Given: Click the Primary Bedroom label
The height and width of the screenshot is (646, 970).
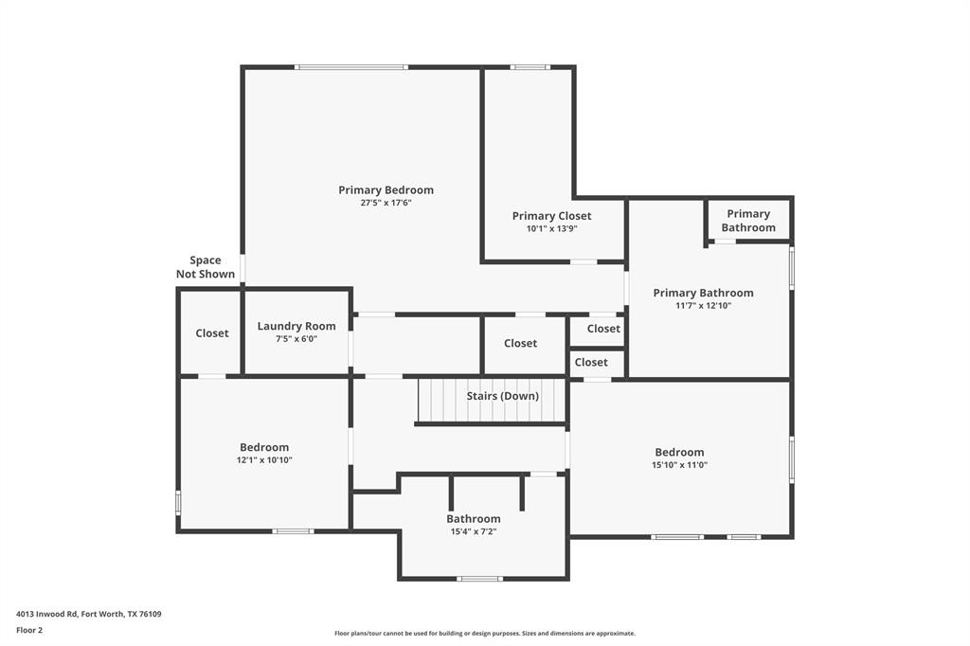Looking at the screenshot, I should click(x=386, y=190).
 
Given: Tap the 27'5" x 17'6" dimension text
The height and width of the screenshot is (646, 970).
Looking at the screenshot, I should click(x=386, y=203).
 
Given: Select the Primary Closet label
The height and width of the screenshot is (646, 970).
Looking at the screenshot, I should click(x=551, y=216).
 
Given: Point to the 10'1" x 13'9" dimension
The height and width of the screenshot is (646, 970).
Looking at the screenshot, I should click(x=551, y=228).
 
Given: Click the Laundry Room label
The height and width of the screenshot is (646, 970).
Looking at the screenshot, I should click(x=296, y=327).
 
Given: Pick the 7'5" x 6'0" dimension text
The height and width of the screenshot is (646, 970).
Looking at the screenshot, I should click(x=296, y=338).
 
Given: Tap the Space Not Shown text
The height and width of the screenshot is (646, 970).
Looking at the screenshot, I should click(x=206, y=267).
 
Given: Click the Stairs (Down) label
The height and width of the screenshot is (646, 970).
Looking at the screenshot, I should click(x=502, y=396).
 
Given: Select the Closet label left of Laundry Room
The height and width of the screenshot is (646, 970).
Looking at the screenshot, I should click(x=212, y=333).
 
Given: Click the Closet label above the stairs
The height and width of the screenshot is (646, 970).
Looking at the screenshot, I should click(x=520, y=344).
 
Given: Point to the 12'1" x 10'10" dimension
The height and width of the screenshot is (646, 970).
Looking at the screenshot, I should click(x=264, y=460).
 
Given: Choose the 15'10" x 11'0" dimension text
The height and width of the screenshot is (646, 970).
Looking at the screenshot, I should click(x=679, y=465).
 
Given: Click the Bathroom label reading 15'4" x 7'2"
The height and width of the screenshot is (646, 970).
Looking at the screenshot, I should click(x=474, y=519).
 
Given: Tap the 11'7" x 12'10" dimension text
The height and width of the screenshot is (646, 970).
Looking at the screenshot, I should click(x=703, y=306).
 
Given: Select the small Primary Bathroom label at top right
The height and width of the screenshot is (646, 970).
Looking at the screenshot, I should click(x=748, y=221).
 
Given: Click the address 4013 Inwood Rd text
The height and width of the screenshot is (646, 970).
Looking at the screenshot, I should click(x=89, y=614).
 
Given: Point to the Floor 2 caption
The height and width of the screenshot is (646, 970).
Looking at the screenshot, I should click(x=29, y=630).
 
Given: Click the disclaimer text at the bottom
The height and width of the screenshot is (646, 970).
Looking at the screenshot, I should click(x=484, y=634).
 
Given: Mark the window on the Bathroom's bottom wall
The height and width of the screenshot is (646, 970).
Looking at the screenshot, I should click(x=480, y=578).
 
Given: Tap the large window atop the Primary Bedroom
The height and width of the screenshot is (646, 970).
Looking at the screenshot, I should click(x=351, y=67).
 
